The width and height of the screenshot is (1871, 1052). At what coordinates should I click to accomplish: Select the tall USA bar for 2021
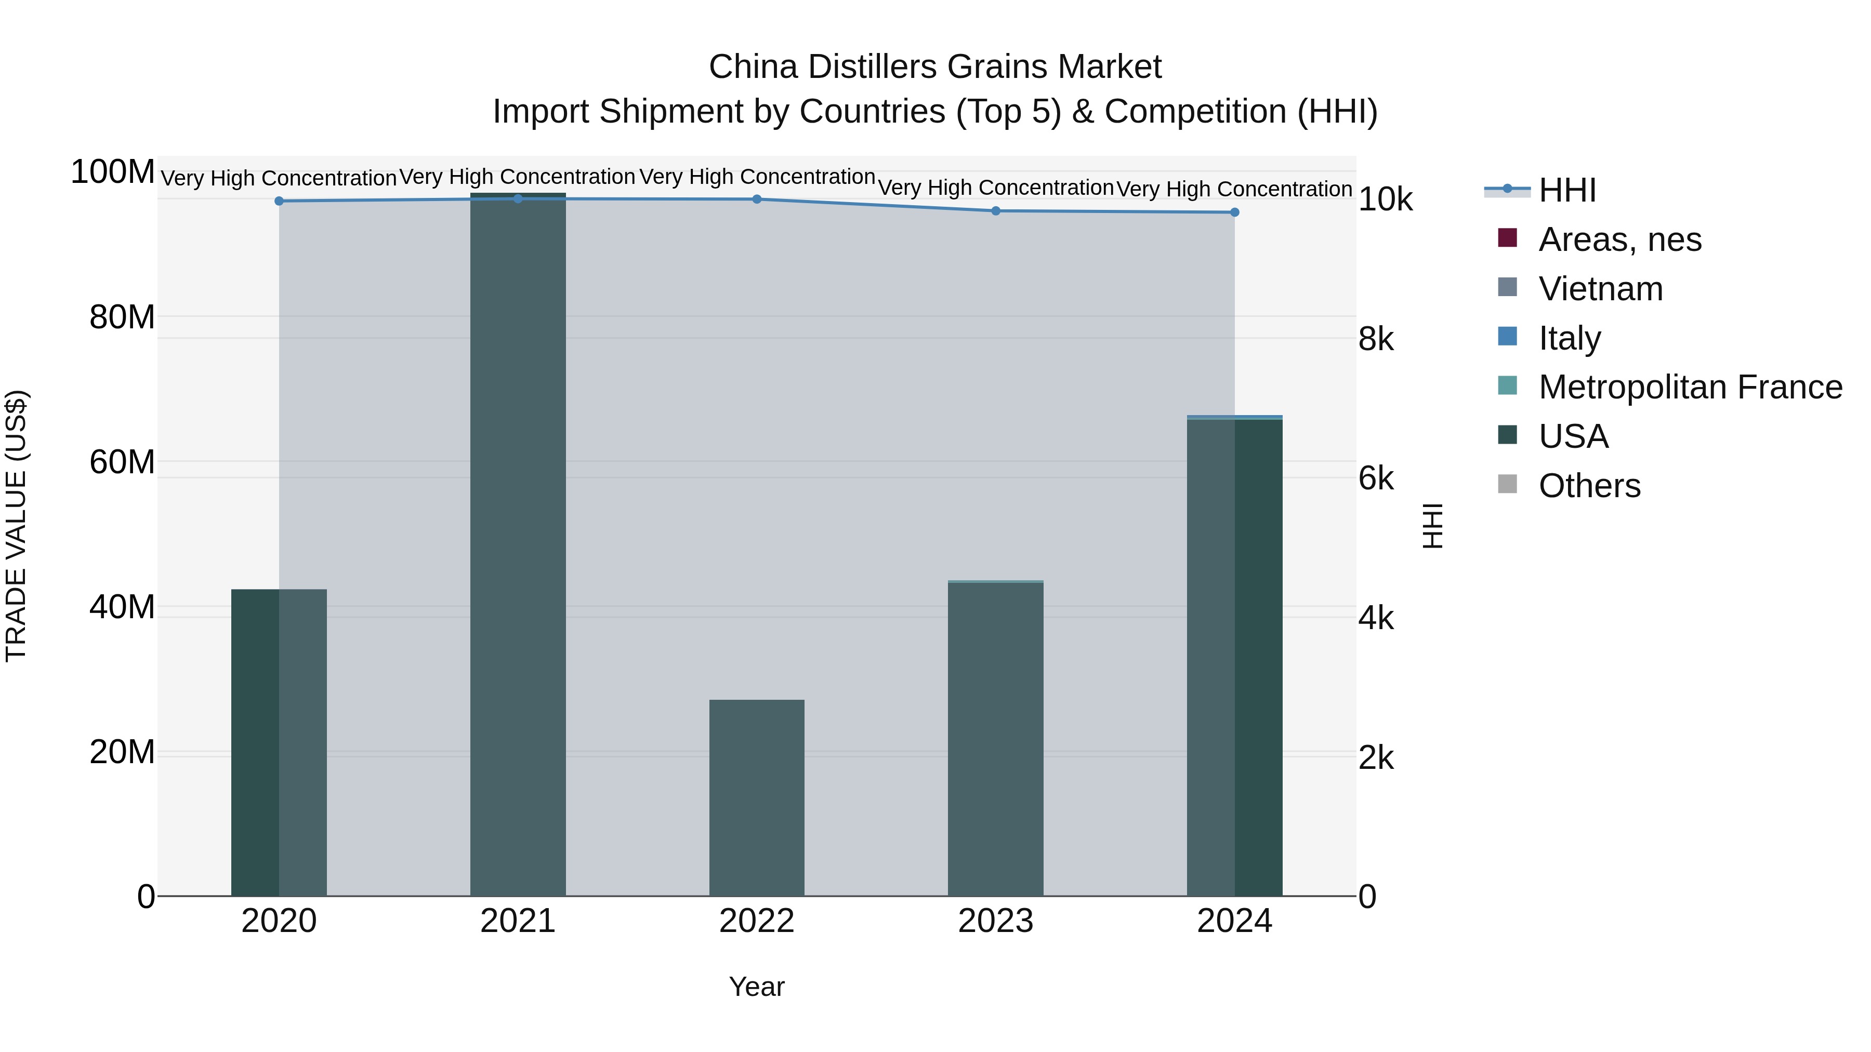pos(518,544)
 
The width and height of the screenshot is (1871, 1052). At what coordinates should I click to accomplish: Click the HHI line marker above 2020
pos(279,201)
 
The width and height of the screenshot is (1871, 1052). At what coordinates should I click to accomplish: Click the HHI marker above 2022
pos(757,199)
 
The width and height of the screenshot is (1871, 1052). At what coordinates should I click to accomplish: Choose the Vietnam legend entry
pos(1600,289)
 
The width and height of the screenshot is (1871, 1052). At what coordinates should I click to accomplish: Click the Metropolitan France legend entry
pos(1690,387)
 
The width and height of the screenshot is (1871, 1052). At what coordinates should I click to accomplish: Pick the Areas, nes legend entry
pos(1619,239)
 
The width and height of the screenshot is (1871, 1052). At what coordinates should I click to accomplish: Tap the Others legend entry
pos(1589,486)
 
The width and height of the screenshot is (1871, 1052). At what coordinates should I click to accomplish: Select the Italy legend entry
pos(1569,338)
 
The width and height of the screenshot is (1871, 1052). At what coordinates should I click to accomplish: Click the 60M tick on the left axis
pos(121,462)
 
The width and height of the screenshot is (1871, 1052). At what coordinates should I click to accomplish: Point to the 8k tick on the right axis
pos(1376,340)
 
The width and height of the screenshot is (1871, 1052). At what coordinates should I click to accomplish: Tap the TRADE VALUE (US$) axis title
pos(16,526)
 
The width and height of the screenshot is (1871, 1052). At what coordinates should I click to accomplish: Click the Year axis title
pos(757,987)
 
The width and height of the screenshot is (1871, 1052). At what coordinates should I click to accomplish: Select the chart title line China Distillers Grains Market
pos(935,67)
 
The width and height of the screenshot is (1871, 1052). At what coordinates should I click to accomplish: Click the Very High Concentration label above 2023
pos(995,188)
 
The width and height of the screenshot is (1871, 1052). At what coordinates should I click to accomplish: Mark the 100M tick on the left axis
pos(113,173)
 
